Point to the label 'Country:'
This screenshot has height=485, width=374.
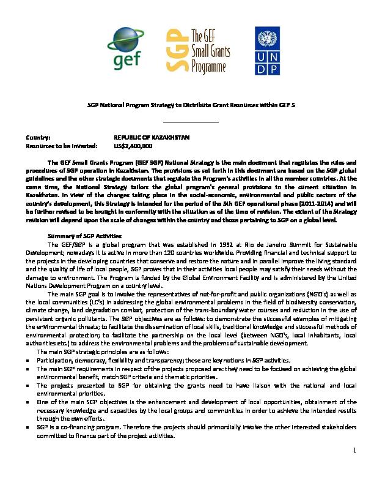[x=37, y=139]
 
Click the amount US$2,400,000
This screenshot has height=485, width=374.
[x=133, y=147]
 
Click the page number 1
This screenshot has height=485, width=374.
[x=354, y=468]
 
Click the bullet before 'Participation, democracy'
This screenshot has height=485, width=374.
[x=28, y=361]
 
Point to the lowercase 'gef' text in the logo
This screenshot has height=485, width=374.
[x=127, y=59]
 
